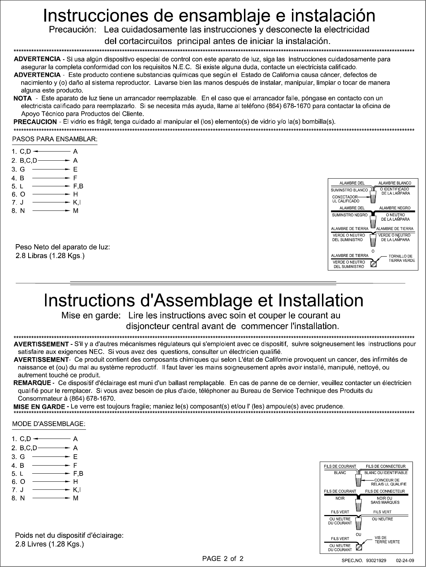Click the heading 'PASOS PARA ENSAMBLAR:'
tap(55, 139)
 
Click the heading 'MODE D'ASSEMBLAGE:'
tap(49, 424)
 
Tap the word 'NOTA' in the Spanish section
tap(23, 98)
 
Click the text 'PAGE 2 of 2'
tap(223, 559)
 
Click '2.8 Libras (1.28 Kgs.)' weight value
tap(50, 256)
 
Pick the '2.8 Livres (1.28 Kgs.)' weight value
tap(50, 544)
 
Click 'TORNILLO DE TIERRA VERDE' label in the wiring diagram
tap(401, 258)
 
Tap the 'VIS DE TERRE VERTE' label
tap(387, 540)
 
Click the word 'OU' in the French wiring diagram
tap(359, 535)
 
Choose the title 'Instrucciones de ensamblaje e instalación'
tap(209, 16)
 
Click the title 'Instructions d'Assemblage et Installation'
tap(204, 301)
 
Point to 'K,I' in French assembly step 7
tap(77, 489)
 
